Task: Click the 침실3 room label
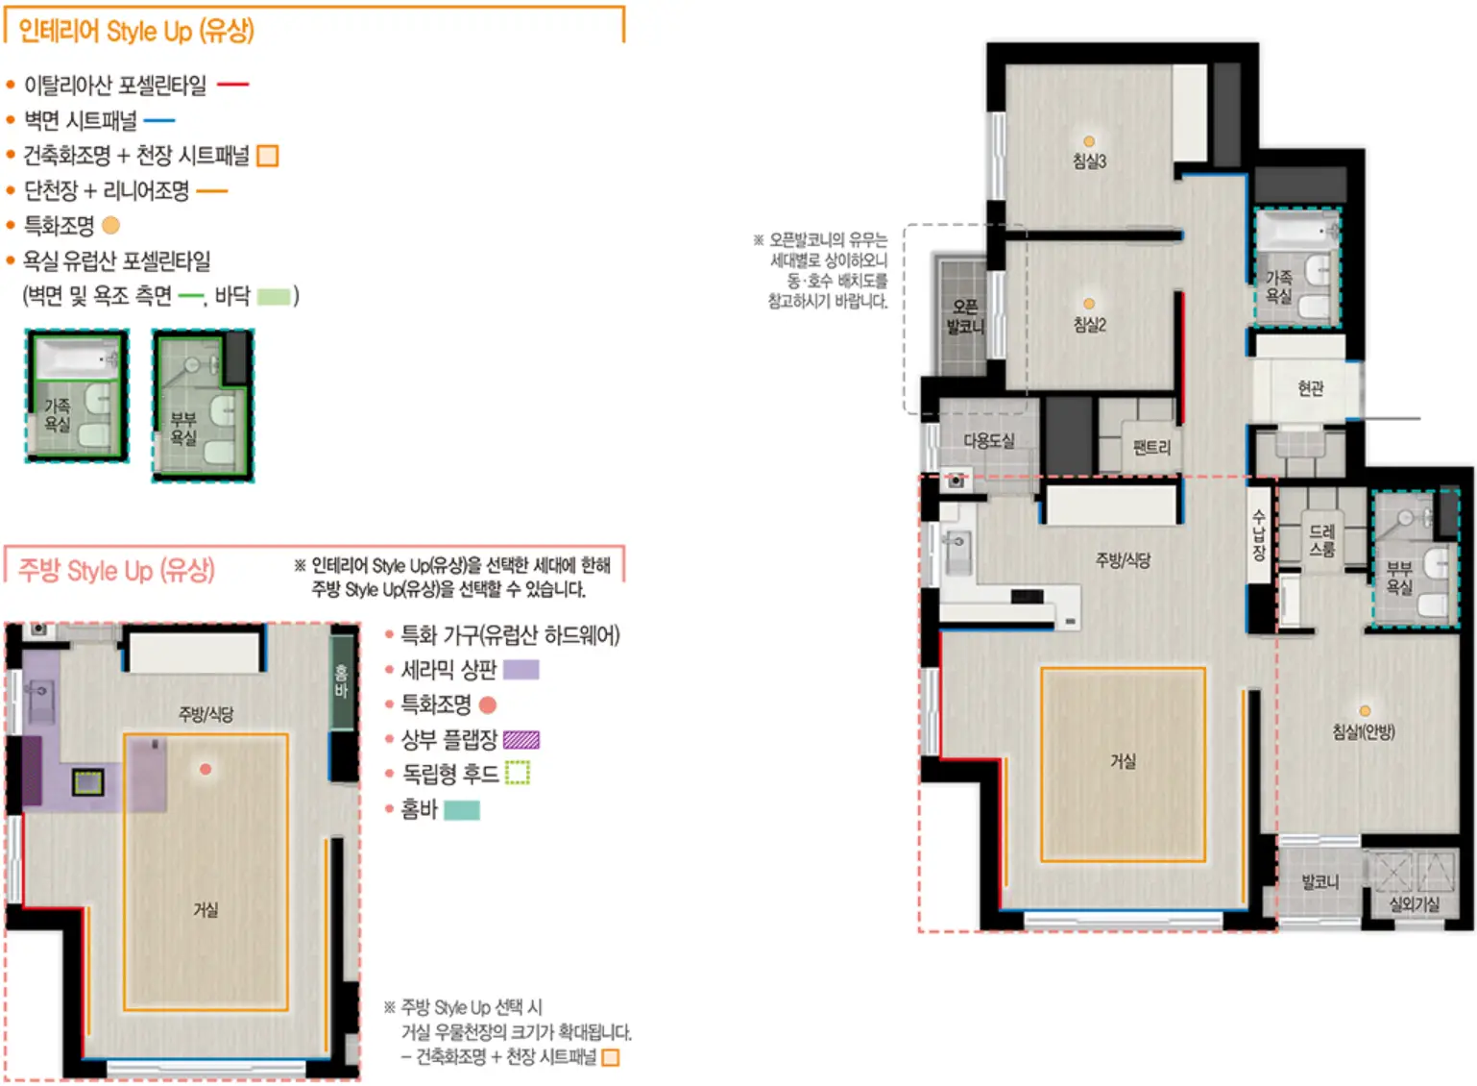pyautogui.click(x=1089, y=161)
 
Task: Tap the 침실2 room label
pyautogui.click(x=1089, y=325)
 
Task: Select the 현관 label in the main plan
pyautogui.click(x=1310, y=388)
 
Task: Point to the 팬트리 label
pyautogui.click(x=1152, y=447)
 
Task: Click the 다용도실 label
pyautogui.click(x=989, y=441)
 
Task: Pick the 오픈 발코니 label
pyautogui.click(x=965, y=317)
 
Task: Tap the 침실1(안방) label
pyautogui.click(x=1364, y=731)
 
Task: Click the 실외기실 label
pyautogui.click(x=1415, y=904)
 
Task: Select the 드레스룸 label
pyautogui.click(x=1322, y=540)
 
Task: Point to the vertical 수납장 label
pyautogui.click(x=1259, y=534)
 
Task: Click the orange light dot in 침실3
pyautogui.click(x=1089, y=141)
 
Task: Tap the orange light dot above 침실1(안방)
pyautogui.click(x=1365, y=710)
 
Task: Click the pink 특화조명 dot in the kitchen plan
pyautogui.click(x=206, y=769)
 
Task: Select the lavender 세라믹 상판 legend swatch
pyautogui.click(x=521, y=670)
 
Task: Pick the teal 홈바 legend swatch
pyautogui.click(x=462, y=809)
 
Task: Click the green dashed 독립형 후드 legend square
pyautogui.click(x=518, y=773)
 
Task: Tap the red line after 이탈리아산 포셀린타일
pyautogui.click(x=233, y=85)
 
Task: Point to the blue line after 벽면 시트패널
pyautogui.click(x=159, y=120)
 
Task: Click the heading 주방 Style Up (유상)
pyautogui.click(x=117, y=571)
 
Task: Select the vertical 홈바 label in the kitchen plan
pyautogui.click(x=341, y=680)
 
